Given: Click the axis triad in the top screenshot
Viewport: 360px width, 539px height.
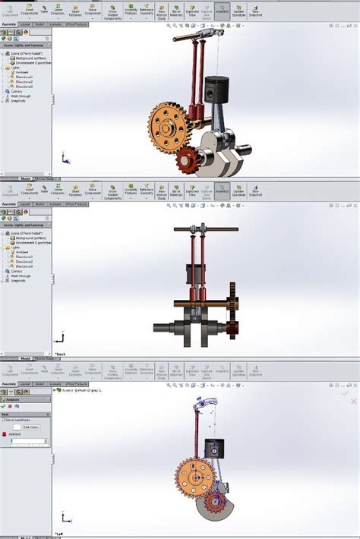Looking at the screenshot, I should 64,160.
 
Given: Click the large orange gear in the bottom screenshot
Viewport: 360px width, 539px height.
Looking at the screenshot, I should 194,476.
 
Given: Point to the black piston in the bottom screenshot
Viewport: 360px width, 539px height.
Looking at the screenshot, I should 215,450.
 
